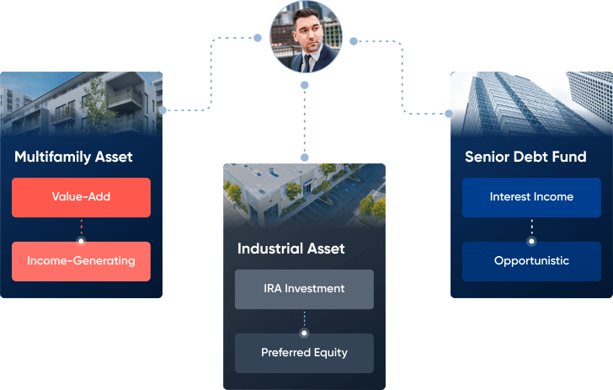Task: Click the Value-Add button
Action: click(x=81, y=197)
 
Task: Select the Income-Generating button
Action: click(x=81, y=261)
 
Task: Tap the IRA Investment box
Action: click(x=303, y=289)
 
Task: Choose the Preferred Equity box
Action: click(x=303, y=353)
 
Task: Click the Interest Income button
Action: click(x=531, y=197)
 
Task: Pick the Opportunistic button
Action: click(x=531, y=261)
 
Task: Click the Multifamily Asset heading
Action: click(x=73, y=158)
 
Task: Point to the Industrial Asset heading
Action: click(x=291, y=249)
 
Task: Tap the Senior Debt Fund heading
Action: click(x=514, y=158)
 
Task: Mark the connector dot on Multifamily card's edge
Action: click(x=163, y=110)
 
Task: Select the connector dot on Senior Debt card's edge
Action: click(x=449, y=112)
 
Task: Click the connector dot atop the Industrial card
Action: click(x=305, y=158)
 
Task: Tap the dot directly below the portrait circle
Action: click(x=305, y=85)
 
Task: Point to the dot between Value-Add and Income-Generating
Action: click(x=81, y=240)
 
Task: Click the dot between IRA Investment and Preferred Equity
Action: click(x=304, y=333)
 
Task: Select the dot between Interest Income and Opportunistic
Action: click(x=531, y=240)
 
